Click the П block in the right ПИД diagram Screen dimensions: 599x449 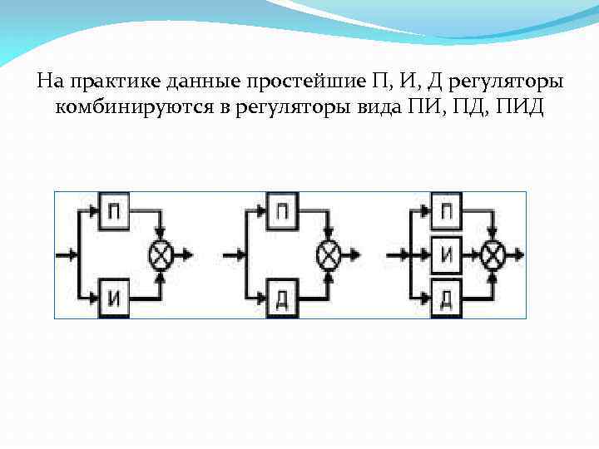click(x=446, y=209)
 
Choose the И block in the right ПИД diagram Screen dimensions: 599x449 click(x=446, y=254)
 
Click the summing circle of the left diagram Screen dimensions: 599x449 click(x=161, y=254)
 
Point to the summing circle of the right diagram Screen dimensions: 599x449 click(x=494, y=254)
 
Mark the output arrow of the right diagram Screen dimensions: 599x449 click(x=518, y=254)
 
